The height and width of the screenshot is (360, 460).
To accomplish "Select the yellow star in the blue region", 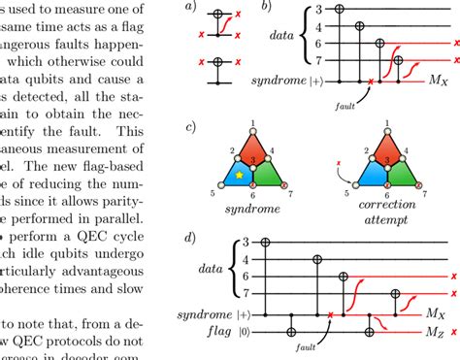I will click(x=238, y=175).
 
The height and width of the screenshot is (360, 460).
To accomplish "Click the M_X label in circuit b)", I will click(x=431, y=83).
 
